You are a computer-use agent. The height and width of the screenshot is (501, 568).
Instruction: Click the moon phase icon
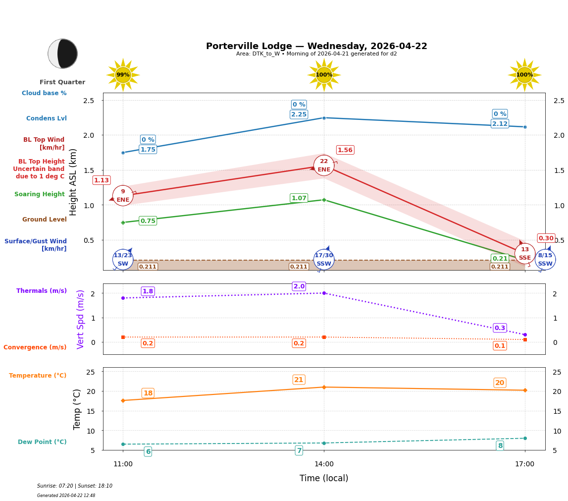tap(62, 54)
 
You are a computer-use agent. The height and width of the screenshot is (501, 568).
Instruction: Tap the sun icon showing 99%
tap(123, 75)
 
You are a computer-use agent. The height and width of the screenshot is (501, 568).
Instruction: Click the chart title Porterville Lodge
tap(316, 46)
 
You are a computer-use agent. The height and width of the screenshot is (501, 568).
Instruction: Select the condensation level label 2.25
tap(299, 114)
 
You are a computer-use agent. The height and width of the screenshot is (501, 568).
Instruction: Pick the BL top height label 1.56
tap(345, 150)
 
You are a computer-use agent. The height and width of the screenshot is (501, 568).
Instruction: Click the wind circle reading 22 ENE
tap(324, 166)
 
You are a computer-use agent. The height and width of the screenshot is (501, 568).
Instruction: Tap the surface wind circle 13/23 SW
tap(123, 260)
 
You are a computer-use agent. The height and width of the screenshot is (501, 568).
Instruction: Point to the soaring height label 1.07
tap(299, 198)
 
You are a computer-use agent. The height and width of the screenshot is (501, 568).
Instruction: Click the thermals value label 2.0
tap(299, 286)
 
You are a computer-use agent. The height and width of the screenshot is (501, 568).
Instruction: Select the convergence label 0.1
tap(500, 346)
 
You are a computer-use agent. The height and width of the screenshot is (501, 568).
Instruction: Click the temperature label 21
tap(299, 380)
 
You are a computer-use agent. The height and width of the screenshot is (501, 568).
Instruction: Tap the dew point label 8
tap(500, 446)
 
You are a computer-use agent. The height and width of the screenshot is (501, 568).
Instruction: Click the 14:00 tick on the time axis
tap(324, 464)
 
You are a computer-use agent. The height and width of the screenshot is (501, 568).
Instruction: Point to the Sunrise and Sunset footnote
tap(75, 486)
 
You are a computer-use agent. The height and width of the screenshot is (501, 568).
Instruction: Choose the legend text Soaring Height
tap(40, 194)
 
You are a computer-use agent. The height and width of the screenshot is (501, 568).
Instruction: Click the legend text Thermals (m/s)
tap(42, 291)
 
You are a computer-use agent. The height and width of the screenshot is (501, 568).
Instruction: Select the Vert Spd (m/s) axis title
tap(81, 319)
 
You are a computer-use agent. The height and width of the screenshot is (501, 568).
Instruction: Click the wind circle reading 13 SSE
tap(525, 254)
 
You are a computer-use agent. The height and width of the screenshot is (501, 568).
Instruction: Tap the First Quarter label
tap(62, 82)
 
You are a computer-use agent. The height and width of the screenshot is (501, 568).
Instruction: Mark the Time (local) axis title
tap(324, 478)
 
